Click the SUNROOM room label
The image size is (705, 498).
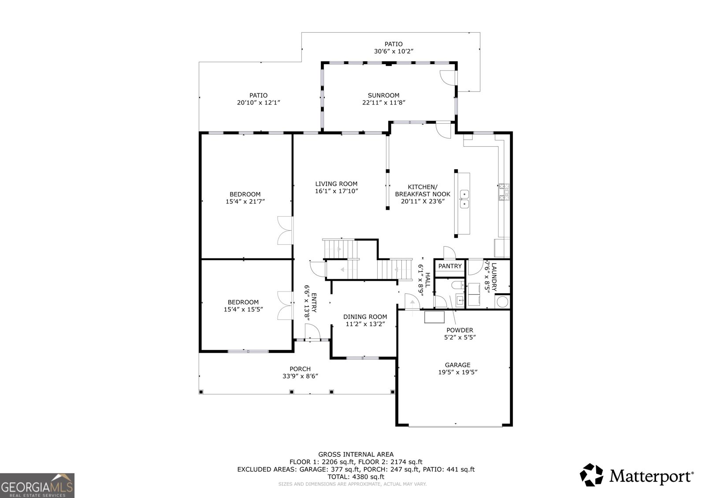coord(383,95)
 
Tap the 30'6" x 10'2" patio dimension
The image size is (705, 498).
coord(393,51)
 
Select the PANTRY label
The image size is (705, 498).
coord(450,266)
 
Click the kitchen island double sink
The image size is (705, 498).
coord(464,199)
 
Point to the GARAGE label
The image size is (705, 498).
coord(457,365)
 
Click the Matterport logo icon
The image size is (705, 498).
coord(591,475)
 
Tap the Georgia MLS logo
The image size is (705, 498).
coord(37,485)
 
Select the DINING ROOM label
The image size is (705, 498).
coord(365,317)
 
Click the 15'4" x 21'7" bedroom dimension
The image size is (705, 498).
coord(245,201)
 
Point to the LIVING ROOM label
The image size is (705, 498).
coord(336,184)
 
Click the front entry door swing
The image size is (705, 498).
coord(312,331)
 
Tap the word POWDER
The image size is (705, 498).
coord(460,330)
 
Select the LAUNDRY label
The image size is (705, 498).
coord(494,277)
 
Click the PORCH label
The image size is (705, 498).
coord(300,369)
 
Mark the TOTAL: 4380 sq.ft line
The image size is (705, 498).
coord(356,476)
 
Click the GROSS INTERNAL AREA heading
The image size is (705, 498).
coord(356,454)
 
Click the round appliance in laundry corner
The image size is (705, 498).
coord(502,302)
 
